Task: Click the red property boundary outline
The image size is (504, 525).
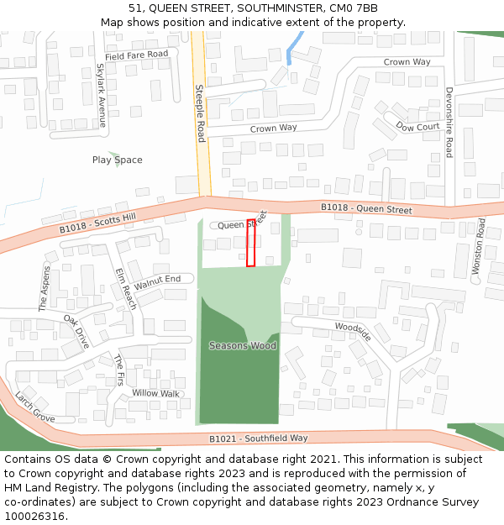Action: (x=250, y=243)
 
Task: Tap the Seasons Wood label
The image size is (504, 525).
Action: (x=243, y=345)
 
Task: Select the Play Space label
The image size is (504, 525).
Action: (x=117, y=160)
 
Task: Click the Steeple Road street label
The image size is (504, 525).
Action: (x=200, y=113)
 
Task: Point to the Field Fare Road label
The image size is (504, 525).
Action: (x=137, y=55)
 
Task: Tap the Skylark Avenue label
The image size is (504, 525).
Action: (x=102, y=96)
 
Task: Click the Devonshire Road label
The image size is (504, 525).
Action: (x=449, y=122)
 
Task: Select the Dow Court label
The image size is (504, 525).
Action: (x=417, y=128)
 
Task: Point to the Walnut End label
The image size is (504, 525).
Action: (x=157, y=282)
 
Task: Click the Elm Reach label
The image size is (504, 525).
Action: (x=125, y=289)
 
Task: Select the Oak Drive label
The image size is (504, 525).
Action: (x=76, y=332)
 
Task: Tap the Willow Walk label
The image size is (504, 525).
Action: (x=155, y=393)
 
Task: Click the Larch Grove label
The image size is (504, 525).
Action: (x=34, y=407)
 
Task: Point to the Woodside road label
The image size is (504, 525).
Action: (x=353, y=331)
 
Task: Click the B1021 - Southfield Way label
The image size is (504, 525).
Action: (x=258, y=438)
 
